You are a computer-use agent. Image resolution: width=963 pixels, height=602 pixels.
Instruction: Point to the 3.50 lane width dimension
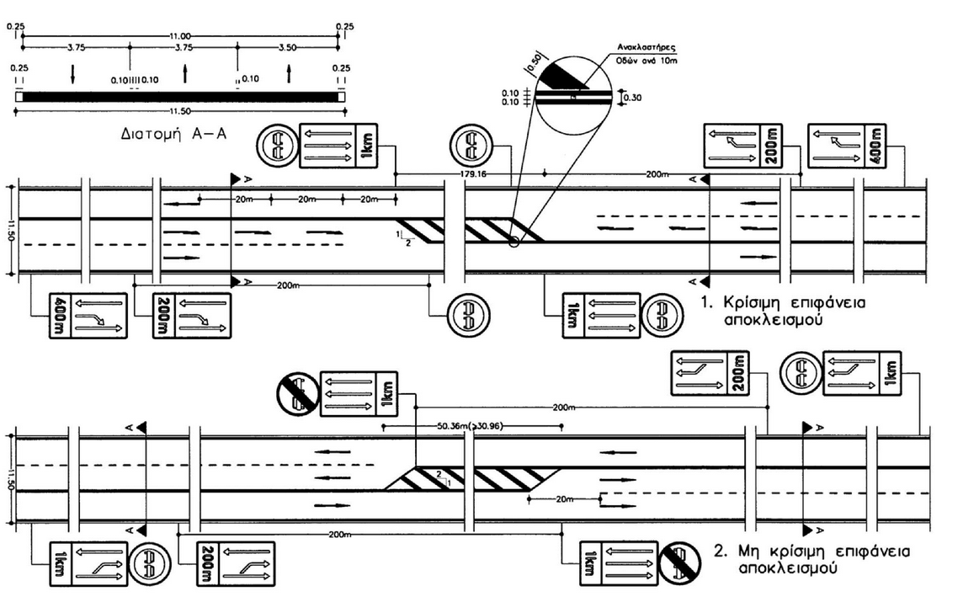point(287,47)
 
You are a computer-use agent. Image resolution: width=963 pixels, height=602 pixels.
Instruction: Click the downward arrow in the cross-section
point(72,74)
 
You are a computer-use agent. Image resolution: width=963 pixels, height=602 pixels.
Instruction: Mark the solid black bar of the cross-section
point(178,97)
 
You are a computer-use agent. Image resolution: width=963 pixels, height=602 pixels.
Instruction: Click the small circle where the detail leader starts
point(513,243)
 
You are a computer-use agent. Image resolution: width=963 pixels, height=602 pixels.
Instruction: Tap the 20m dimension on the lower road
point(562,498)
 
